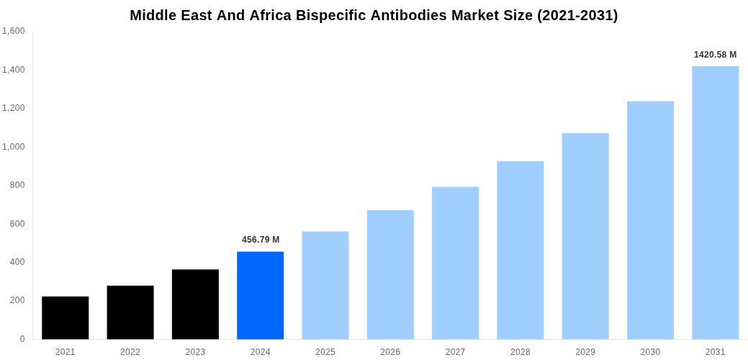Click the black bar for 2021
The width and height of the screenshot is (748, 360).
point(65,318)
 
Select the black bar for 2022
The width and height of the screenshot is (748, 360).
point(130,312)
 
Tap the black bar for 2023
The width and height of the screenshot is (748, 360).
point(195,304)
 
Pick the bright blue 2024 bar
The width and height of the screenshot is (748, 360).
point(260,295)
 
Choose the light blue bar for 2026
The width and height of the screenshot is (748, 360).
point(390,274)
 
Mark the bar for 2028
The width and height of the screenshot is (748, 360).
point(520,250)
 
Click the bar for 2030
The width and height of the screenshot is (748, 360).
point(650,220)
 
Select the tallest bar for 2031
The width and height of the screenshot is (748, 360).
point(715,202)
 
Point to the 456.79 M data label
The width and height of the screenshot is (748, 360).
point(261,240)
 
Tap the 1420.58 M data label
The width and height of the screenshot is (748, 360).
point(715,55)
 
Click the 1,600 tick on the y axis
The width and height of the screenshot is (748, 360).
point(14,31)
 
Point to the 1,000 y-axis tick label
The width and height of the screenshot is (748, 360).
point(14,147)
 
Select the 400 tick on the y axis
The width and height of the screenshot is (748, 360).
point(17,262)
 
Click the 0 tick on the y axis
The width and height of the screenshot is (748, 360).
point(22,339)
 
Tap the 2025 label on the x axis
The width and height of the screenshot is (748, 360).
point(325,352)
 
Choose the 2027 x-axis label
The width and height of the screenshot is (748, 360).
point(455,352)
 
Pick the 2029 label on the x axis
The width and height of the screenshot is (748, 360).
point(585,352)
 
